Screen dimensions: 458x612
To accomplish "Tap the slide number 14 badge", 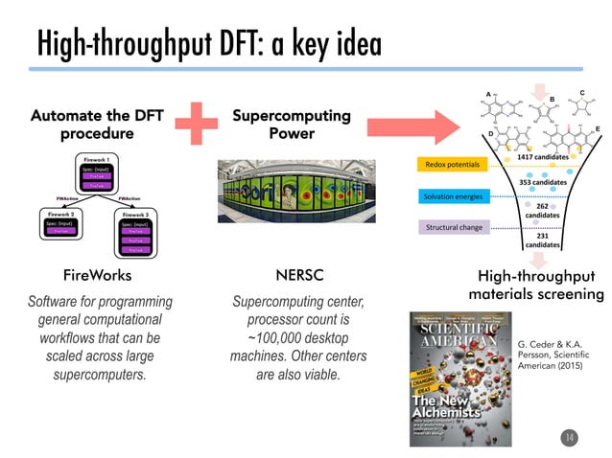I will (x=568, y=438).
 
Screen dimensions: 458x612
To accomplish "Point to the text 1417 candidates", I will (x=544, y=156).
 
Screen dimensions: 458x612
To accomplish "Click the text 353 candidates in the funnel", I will (x=544, y=181).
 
